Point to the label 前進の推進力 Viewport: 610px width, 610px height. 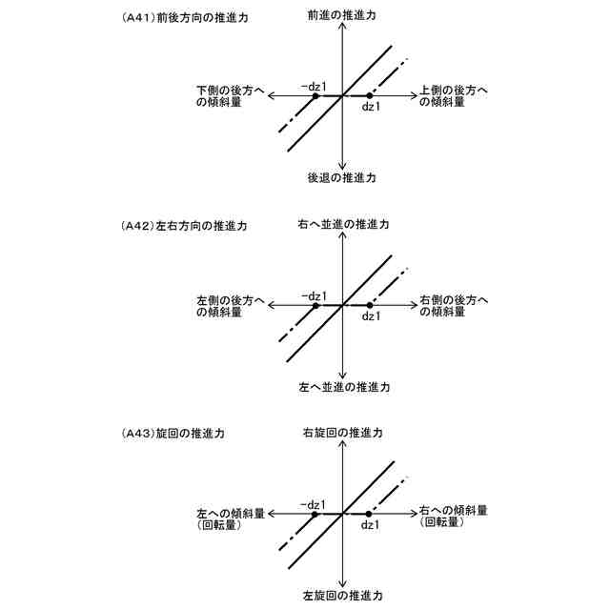point(341,16)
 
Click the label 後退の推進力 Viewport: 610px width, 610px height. point(341,178)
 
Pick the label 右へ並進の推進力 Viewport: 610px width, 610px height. point(341,225)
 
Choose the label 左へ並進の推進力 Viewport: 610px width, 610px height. point(341,388)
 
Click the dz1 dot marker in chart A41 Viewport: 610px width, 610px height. point(369,96)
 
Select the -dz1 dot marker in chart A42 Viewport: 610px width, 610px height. point(315,305)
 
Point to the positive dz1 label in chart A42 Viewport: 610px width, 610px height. point(371,316)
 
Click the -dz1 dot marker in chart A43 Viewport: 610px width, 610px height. point(315,514)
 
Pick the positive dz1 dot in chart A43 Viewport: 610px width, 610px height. point(369,514)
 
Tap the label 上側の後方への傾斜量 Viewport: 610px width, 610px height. point(454,96)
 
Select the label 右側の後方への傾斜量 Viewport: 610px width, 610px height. point(454,305)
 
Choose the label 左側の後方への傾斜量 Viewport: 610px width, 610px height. point(230,305)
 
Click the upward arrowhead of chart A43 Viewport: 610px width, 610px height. point(341,444)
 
